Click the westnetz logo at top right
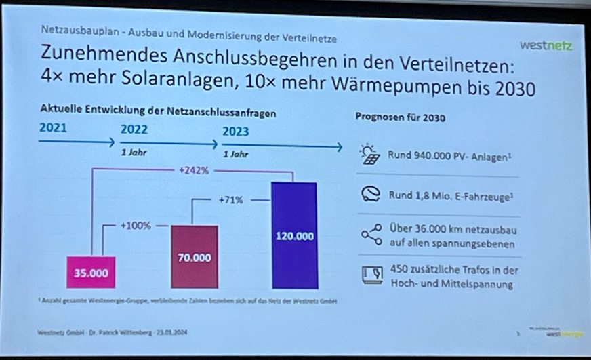[546, 46]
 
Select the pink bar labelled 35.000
[91, 273]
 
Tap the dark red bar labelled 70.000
[195, 258]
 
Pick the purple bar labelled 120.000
[294, 236]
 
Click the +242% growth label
[194, 171]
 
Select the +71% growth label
[231, 201]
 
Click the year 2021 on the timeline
[54, 127]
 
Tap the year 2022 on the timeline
[134, 129]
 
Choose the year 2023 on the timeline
[235, 132]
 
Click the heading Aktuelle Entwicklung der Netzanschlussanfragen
[158, 111]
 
